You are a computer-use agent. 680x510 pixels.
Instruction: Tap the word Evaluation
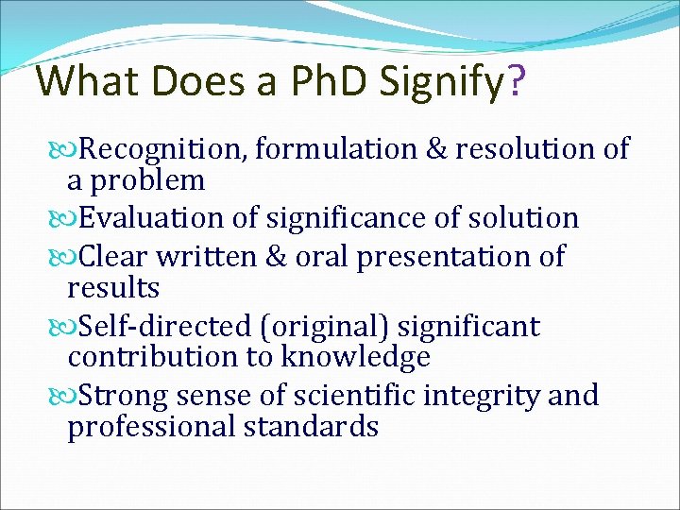pos(153,218)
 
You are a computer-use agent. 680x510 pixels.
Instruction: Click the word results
pos(113,286)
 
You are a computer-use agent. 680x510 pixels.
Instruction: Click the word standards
pos(312,427)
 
